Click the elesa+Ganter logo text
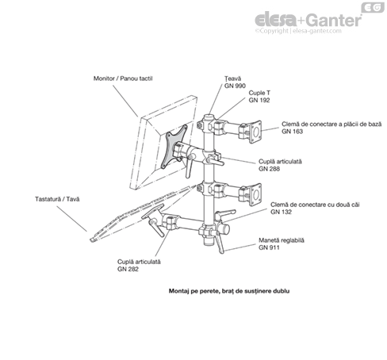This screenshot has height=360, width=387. [x=308, y=20]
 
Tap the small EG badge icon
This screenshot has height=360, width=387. [x=373, y=7]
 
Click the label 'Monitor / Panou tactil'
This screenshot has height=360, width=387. [x=123, y=79]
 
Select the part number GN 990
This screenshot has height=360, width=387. [x=235, y=86]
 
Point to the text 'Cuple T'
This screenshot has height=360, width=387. [x=259, y=93]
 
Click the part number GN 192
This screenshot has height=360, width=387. [x=259, y=100]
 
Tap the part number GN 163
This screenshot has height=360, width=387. [x=293, y=132]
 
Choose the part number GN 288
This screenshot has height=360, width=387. [x=269, y=169]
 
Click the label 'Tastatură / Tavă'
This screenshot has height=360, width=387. [x=57, y=199]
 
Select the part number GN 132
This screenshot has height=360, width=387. [x=281, y=212]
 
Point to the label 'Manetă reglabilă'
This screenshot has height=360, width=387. [x=282, y=240]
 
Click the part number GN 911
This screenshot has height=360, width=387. [x=269, y=247]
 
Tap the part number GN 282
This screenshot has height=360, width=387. [x=128, y=269]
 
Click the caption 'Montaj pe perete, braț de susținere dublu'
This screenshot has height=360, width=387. [x=229, y=291]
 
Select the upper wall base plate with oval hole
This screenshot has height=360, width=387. [x=255, y=132]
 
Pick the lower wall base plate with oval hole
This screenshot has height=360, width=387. [x=255, y=194]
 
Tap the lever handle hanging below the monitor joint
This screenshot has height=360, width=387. [x=188, y=168]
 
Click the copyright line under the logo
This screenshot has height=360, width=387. [x=298, y=31]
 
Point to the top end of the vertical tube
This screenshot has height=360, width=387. [x=209, y=115]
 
